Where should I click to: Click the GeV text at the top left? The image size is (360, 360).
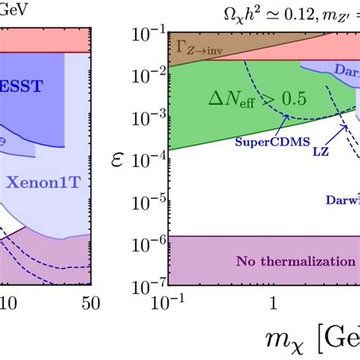[x=17, y=8]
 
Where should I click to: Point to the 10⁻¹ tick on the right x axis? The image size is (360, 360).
[x=167, y=304]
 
